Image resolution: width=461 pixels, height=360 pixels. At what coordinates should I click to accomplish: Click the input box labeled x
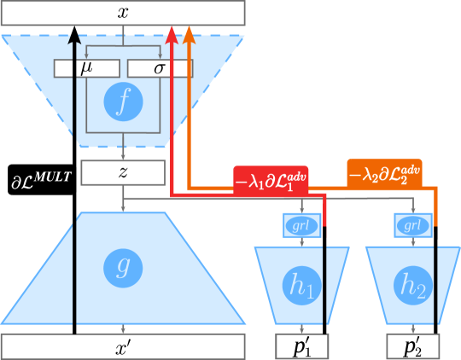(124, 12)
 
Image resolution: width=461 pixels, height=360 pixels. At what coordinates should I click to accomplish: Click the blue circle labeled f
(124, 103)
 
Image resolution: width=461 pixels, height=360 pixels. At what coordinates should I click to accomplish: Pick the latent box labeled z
(123, 173)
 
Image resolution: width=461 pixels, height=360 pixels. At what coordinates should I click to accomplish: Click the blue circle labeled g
(124, 268)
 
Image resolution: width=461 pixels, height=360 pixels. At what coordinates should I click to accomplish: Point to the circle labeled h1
(301, 287)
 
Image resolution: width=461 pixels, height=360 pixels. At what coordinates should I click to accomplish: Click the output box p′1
(301, 346)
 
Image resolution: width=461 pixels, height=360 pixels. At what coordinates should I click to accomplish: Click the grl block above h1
(301, 225)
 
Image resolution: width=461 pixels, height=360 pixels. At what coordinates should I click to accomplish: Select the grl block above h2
(412, 225)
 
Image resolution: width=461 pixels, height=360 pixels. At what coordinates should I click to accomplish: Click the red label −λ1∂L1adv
(271, 178)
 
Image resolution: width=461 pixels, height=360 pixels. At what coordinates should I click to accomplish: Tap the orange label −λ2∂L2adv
(384, 173)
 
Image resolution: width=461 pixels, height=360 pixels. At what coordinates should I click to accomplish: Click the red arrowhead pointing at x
(172, 33)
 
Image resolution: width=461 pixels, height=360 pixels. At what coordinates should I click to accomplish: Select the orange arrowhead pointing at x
(190, 33)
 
